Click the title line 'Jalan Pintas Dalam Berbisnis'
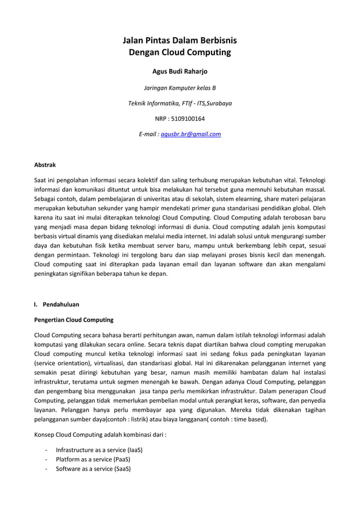click(x=180, y=41)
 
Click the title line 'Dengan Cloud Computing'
click(x=180, y=53)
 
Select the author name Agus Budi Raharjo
click(x=179, y=72)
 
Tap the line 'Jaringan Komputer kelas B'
click(x=179, y=88)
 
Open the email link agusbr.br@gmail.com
click(x=191, y=134)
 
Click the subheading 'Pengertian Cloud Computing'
click(x=74, y=320)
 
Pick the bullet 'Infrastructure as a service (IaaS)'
click(x=99, y=450)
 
